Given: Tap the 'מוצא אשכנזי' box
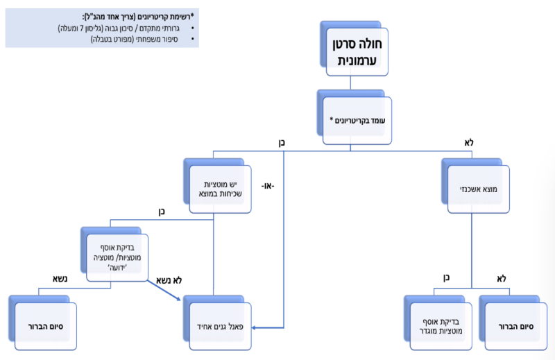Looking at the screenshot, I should pyautogui.click(x=477, y=188).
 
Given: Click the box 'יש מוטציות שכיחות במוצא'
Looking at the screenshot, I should pyautogui.click(x=219, y=189).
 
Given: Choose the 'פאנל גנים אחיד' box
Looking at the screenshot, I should pyautogui.click(x=220, y=324).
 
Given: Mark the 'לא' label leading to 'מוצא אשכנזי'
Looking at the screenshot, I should pyautogui.click(x=468, y=142).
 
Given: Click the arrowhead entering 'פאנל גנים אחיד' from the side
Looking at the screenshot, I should pyautogui.click(x=280, y=325).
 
